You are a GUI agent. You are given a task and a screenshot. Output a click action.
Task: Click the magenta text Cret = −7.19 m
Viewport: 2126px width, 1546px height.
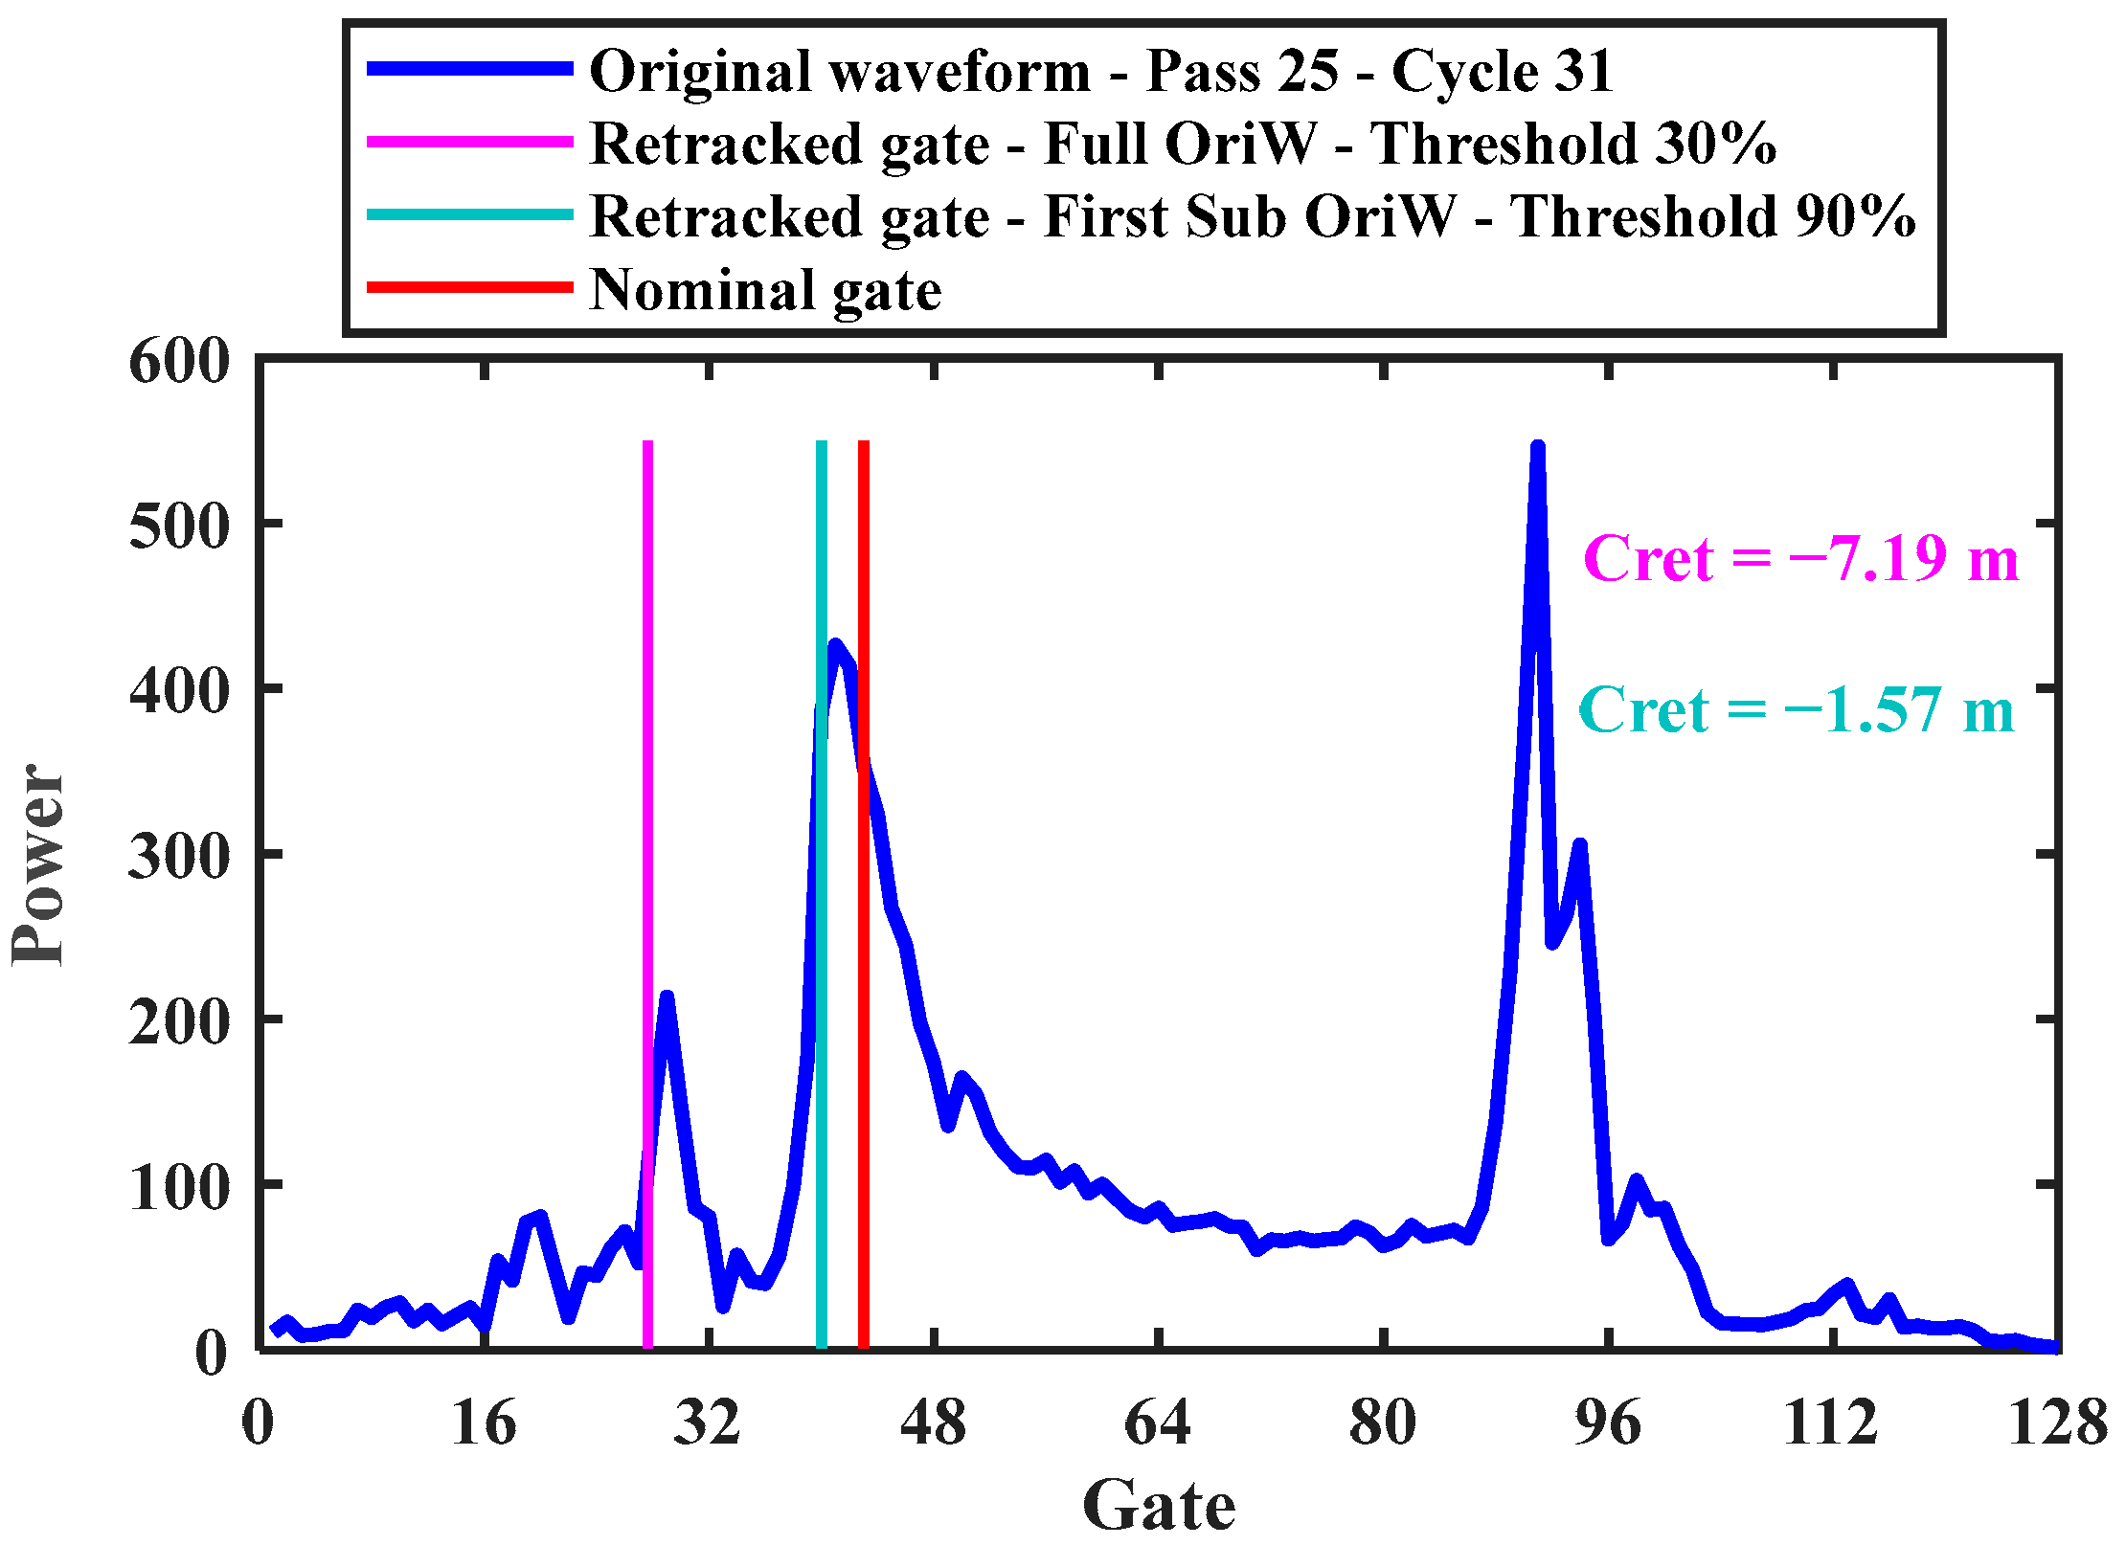(1800, 558)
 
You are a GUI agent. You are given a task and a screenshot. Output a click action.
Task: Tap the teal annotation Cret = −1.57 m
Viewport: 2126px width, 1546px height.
(1796, 710)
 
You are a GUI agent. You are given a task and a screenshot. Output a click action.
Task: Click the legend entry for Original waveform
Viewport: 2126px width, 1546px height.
(1101, 71)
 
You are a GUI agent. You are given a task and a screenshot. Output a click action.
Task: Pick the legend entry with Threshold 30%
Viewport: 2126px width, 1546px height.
(1183, 144)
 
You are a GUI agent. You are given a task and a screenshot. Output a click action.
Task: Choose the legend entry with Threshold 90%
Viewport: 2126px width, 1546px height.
(1252, 216)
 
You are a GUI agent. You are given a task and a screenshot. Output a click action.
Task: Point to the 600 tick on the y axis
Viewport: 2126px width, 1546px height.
(179, 363)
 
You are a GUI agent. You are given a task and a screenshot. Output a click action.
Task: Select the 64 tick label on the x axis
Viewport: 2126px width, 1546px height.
(1157, 1423)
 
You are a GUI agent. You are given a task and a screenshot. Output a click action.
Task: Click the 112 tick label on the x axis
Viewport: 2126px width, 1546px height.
(1830, 1423)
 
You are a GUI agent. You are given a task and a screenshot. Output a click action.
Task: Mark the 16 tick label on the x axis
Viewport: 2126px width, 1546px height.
(484, 1423)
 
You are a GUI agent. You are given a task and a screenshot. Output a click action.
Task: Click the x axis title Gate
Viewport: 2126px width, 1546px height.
(1158, 1506)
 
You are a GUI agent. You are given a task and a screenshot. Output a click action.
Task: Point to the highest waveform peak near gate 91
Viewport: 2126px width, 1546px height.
(1537, 449)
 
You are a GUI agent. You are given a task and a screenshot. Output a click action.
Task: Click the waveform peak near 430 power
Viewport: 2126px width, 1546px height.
(835, 646)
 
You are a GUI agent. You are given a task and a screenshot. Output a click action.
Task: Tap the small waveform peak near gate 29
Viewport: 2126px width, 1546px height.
(667, 998)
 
